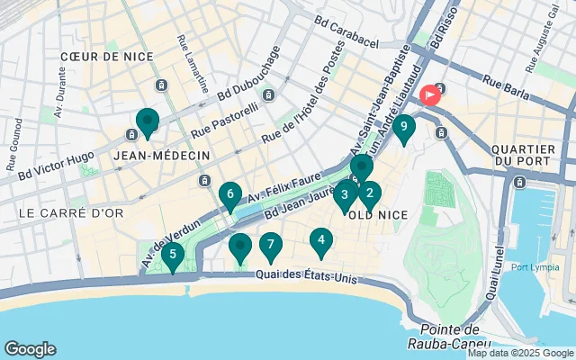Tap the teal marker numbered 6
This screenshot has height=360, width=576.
tap(230, 194)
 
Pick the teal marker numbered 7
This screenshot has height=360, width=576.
tap(270, 245)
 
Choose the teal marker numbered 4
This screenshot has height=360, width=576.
tap(320, 241)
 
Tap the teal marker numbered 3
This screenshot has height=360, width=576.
tap(345, 194)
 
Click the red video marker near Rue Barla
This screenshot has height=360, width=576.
tap(430, 94)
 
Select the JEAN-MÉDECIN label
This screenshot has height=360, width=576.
tap(162, 156)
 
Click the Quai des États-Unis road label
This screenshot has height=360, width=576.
tap(306, 276)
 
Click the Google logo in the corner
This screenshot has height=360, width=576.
tap(30, 349)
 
